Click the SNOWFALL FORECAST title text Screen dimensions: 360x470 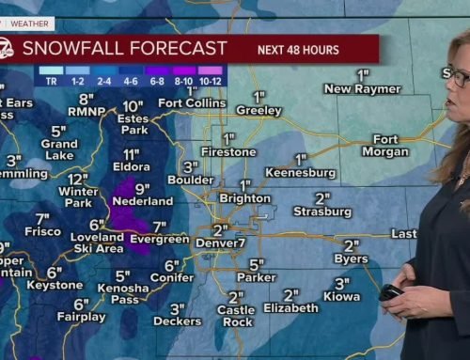pos(124,48)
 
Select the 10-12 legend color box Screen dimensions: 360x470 pos(211,70)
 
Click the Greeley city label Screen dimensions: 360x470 pos(259,110)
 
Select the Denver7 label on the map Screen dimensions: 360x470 pos(222,243)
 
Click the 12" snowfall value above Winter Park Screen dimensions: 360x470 pos(77,179)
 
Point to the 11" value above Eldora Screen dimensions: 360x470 pos(131,154)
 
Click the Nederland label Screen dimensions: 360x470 pos(142,201)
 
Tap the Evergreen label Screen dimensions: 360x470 pos(159,240)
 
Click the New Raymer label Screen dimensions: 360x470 pos(356,88)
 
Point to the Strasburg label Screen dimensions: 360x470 pos(321,211)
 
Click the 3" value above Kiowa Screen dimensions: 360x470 pos(342,283)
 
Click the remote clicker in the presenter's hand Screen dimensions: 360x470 pos(390,292)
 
